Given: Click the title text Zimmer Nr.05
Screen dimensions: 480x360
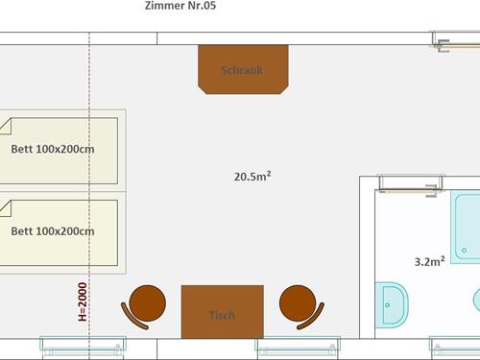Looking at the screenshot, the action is coord(180,6).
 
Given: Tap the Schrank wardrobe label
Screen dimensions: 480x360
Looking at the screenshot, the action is coord(242,70).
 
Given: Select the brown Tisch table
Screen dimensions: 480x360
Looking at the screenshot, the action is coord(223,312).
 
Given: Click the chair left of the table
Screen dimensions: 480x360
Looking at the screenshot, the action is coord(144,306).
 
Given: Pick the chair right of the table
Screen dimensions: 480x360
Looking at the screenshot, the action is coord(301,306).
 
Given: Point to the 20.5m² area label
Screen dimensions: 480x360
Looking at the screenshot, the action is coord(252,177).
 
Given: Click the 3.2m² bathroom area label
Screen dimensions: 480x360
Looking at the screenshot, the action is coord(429,261).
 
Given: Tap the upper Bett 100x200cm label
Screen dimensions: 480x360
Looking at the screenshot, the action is coord(53,149).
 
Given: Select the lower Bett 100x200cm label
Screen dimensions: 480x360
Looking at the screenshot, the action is coord(53,231).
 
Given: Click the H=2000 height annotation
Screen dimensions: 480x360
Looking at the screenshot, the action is coord(83,301).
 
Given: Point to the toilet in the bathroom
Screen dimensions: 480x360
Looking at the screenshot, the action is coord(392,305).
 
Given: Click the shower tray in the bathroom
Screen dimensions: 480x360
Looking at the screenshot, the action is coord(466,227).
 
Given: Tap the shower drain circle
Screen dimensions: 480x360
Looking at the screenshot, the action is coord(464,251).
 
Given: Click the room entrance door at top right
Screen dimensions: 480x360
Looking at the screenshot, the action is coord(456,41).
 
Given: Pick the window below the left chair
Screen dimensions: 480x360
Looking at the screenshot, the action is coord(84,348).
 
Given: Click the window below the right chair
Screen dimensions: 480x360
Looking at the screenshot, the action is coord(298,348).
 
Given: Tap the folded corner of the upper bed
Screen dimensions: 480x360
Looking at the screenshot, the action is coord(6,126).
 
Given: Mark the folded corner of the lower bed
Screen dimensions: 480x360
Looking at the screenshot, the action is coord(6,208).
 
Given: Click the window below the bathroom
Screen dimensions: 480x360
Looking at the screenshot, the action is coord(454,348).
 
